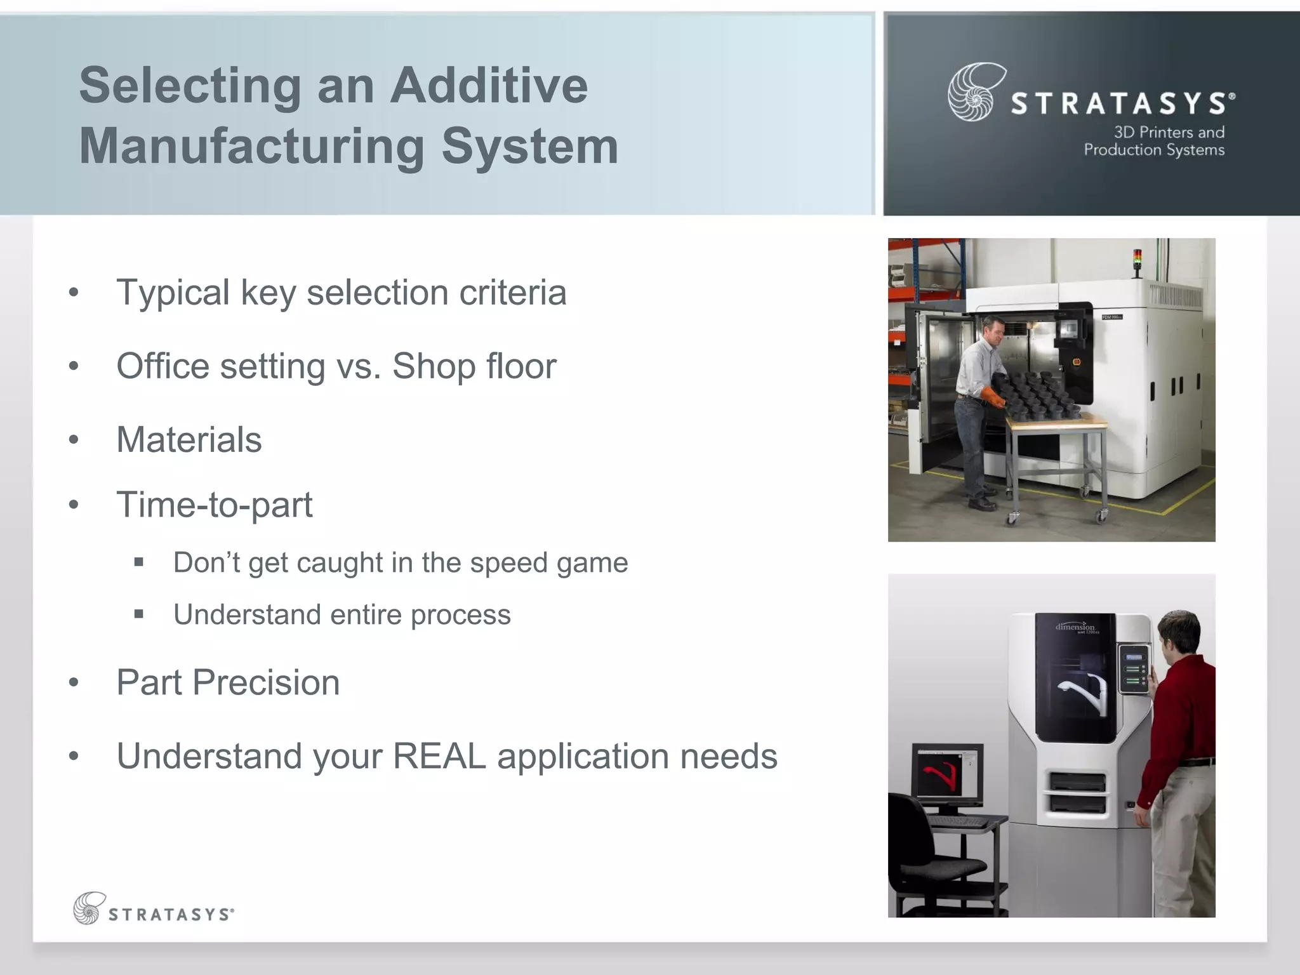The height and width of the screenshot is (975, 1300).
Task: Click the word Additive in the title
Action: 489,86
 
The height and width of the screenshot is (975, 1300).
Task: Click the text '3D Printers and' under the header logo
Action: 1169,133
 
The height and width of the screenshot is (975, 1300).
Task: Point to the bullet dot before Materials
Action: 74,440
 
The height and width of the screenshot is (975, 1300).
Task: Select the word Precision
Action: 266,682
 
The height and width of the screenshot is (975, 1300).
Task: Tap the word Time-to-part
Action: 215,505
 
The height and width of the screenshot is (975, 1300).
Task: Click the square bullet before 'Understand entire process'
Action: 139,614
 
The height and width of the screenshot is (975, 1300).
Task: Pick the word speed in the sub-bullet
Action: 508,563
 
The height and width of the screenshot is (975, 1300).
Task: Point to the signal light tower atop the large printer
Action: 1137,262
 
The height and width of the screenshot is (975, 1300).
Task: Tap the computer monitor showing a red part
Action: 946,774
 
